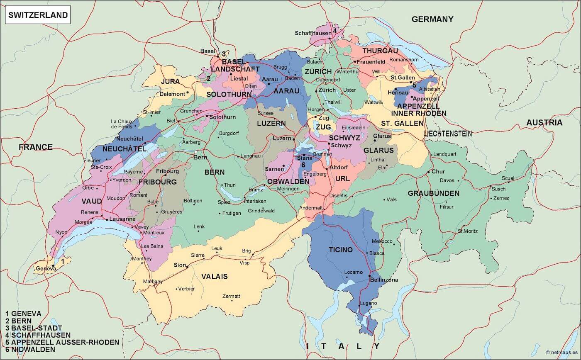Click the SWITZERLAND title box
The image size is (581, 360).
(x=38, y=15)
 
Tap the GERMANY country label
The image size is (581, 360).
(x=432, y=19)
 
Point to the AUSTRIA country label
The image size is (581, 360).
(x=544, y=122)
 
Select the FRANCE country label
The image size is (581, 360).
(x=35, y=147)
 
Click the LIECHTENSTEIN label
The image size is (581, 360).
(x=447, y=134)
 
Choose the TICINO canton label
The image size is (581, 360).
(x=340, y=250)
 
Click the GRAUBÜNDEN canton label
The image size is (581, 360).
(x=433, y=193)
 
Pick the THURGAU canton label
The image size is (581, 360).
(x=380, y=51)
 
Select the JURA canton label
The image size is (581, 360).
(x=170, y=81)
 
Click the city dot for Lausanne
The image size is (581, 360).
(x=107, y=219)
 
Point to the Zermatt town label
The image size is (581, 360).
(x=231, y=296)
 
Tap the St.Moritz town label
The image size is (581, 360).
(x=468, y=231)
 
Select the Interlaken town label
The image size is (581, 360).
(x=255, y=201)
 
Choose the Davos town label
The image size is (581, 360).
(x=447, y=180)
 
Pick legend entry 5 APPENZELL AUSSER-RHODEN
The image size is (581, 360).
(x=62, y=342)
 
